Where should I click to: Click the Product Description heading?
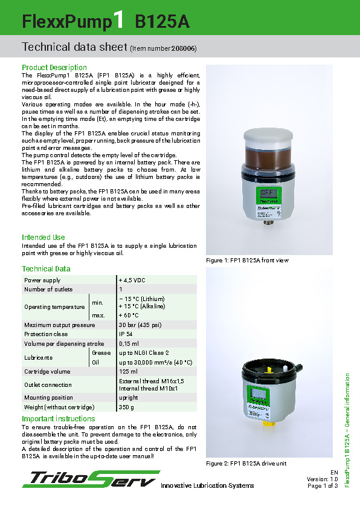[x=54, y=67]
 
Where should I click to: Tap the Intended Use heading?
[x=43, y=238]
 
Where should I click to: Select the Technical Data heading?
[x=46, y=269]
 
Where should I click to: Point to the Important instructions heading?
[x=59, y=419]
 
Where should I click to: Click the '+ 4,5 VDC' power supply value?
[x=132, y=280]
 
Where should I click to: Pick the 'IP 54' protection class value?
[x=126, y=334]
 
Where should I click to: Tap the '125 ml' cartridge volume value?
[x=128, y=371]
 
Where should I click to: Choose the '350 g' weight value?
[x=127, y=407]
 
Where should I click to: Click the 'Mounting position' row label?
[x=48, y=398]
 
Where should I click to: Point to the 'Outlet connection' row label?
[x=48, y=384]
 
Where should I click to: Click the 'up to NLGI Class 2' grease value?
[x=144, y=352]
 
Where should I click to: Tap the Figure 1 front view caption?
[x=248, y=260]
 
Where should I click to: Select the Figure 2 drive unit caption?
[x=246, y=463]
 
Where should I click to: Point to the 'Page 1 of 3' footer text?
[x=323, y=485]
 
